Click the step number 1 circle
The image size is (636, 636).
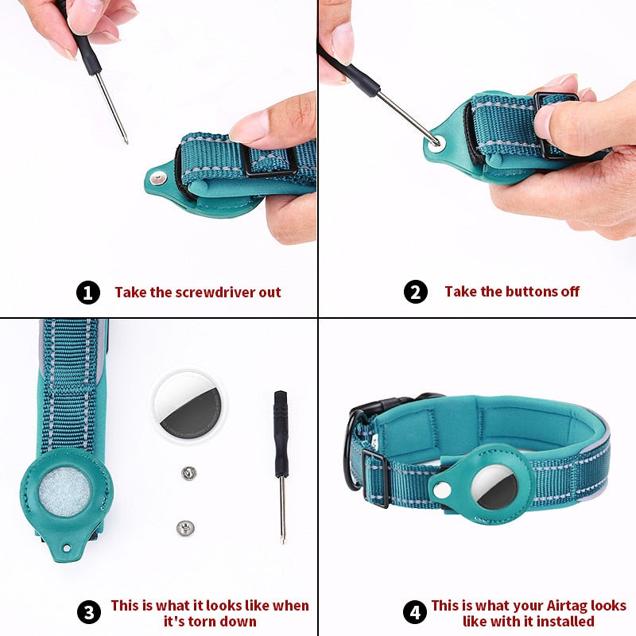tap(88, 293)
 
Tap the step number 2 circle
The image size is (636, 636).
tap(415, 292)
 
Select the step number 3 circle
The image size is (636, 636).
tap(88, 612)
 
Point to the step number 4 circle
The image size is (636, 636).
tap(414, 612)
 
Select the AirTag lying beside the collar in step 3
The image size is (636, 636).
tap(189, 404)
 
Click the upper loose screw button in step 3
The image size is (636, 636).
tap(188, 474)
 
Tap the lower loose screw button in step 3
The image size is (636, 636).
tap(184, 525)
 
